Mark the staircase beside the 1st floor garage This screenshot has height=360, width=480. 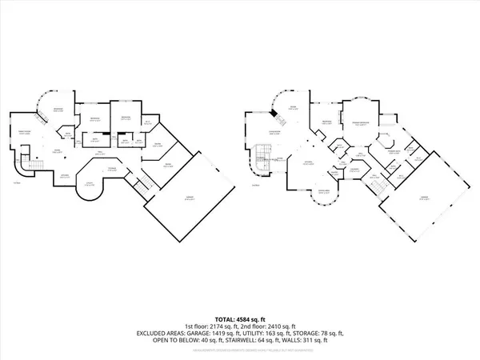(142, 186)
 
